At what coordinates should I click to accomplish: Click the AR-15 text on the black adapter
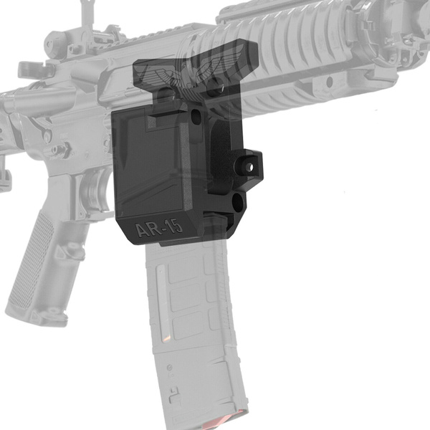[158, 229]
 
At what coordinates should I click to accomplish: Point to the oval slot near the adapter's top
[197, 115]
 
